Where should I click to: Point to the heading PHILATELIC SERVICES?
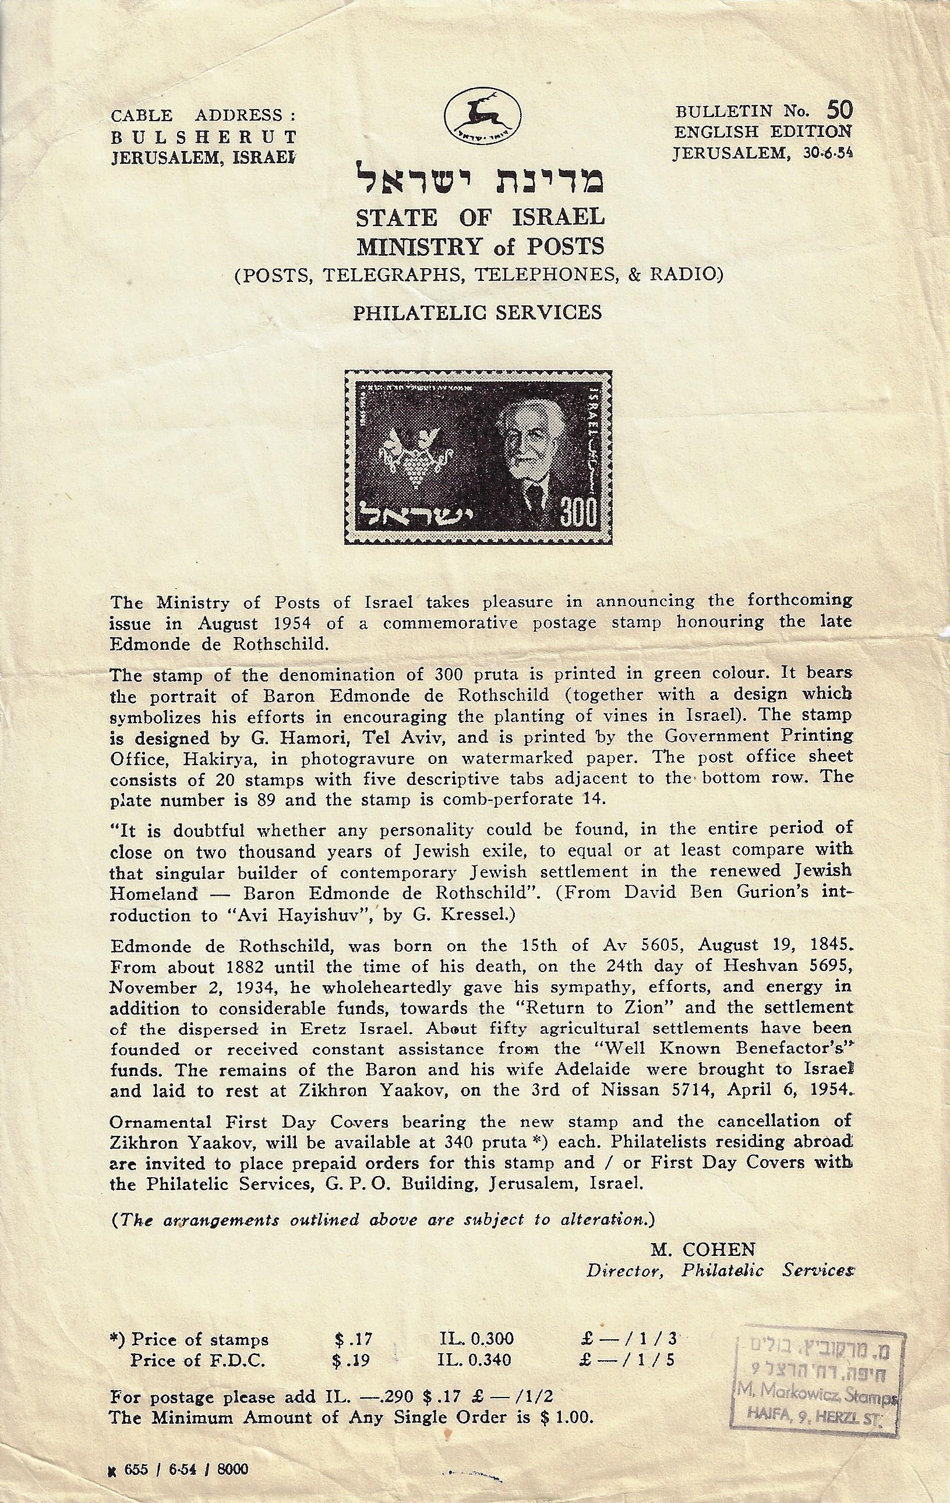pyautogui.click(x=478, y=312)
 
